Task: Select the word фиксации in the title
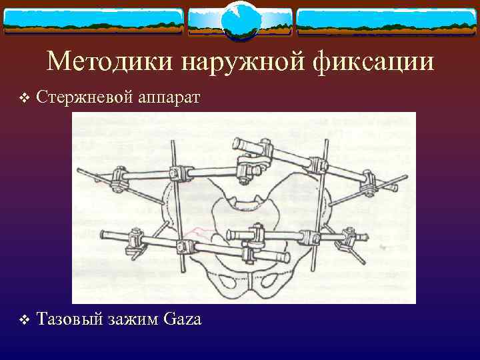[x=375, y=62]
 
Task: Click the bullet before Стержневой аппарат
[x=25, y=99]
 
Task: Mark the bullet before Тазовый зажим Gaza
[x=25, y=320]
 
